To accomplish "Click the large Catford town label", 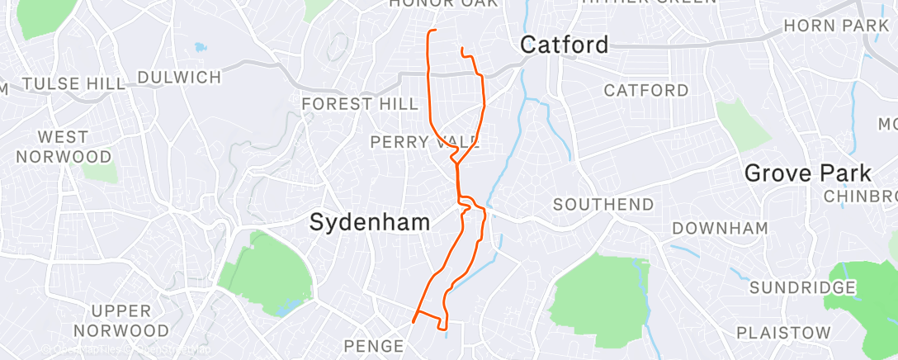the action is click(564, 45).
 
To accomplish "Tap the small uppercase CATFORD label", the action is click(646, 90).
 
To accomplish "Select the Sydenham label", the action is click(370, 222).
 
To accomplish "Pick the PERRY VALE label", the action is click(424, 142).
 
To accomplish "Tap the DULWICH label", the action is click(179, 78).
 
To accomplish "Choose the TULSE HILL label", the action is click(74, 83).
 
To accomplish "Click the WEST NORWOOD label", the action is click(64, 146).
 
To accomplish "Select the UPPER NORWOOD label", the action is click(121, 320).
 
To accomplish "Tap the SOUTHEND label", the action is click(603, 204).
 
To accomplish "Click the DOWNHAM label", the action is click(720, 228).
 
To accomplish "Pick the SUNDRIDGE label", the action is click(802, 287).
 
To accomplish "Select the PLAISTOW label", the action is click(783, 332).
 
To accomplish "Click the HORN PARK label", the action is click(835, 26).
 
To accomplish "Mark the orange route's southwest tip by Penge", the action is click(413, 321).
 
